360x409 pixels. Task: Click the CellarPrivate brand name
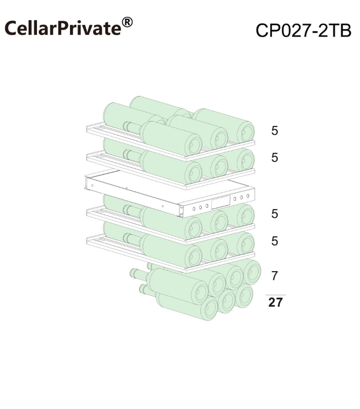point(63,28)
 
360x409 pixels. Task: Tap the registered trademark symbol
point(127,23)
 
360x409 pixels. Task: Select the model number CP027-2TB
point(303,31)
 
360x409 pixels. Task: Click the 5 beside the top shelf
point(274,131)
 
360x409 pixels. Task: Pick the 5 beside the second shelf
point(274,157)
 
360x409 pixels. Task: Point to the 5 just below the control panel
point(274,214)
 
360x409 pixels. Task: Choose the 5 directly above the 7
point(274,241)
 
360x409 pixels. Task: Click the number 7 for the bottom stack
point(274,276)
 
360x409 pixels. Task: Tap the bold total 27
point(275,303)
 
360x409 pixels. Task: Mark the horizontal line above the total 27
point(275,295)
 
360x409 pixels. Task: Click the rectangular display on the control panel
point(221,202)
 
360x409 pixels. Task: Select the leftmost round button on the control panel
point(194,209)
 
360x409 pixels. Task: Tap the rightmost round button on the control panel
point(248,196)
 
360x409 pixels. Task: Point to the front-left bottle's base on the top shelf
point(193,145)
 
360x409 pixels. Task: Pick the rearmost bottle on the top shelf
point(160,107)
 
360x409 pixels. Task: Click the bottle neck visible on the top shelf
point(132,126)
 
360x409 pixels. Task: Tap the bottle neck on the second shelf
point(132,155)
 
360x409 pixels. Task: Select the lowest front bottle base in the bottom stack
point(209,309)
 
